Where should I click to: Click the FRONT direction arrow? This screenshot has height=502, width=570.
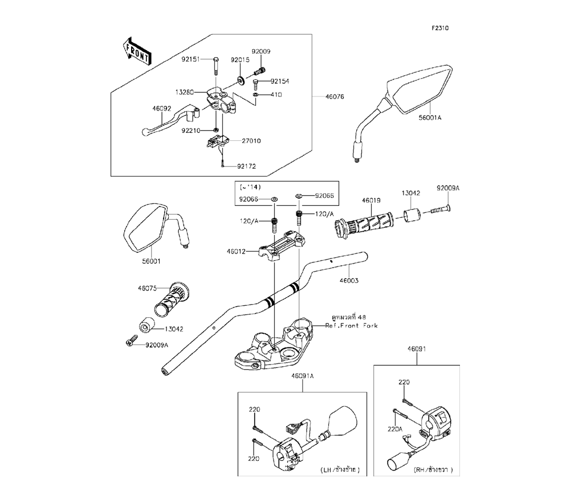(x=137, y=51)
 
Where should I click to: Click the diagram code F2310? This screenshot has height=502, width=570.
(x=440, y=28)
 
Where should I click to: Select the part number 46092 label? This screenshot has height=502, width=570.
(x=162, y=108)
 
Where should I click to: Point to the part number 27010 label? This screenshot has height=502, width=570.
(x=251, y=141)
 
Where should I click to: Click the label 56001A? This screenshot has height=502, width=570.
(x=430, y=118)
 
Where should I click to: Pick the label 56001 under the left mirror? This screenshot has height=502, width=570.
(x=151, y=261)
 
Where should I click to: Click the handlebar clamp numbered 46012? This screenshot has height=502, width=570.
(x=282, y=246)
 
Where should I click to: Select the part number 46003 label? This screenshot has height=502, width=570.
(x=349, y=281)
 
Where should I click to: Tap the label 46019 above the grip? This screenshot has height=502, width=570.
(x=371, y=200)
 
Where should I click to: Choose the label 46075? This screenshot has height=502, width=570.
(x=147, y=289)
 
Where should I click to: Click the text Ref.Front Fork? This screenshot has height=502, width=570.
(x=351, y=326)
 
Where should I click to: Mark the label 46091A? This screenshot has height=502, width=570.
(x=302, y=376)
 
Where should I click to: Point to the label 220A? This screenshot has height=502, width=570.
(x=395, y=429)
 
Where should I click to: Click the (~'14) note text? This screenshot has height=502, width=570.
(x=250, y=187)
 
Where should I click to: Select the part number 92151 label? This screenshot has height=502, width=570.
(x=191, y=59)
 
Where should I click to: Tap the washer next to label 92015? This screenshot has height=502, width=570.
(x=241, y=79)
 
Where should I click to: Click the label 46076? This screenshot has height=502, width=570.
(x=335, y=96)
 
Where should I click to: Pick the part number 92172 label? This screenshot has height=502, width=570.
(x=246, y=166)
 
